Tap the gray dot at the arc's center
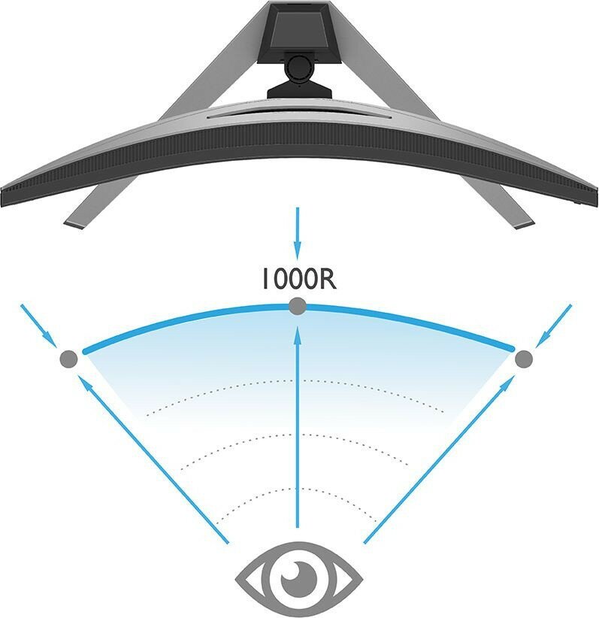coord(298,306)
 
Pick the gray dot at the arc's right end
coord(525,359)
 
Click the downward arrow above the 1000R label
coord(298,233)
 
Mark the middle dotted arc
coord(298,435)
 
